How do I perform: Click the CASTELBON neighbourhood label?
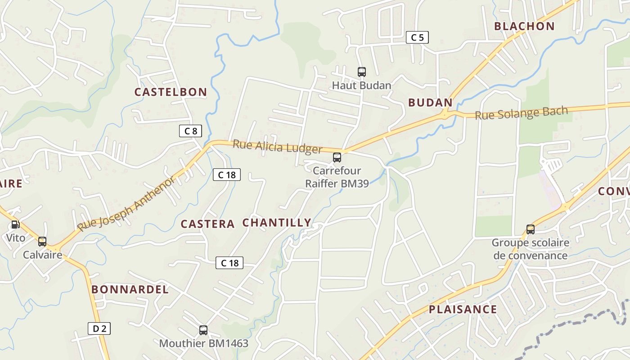(x=171, y=92)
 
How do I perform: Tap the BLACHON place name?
(x=524, y=26)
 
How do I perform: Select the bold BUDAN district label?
(x=430, y=103)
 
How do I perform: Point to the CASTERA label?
(x=207, y=224)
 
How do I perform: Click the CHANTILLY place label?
(x=277, y=223)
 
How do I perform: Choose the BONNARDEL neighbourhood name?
(x=130, y=289)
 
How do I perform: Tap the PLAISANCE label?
(x=463, y=310)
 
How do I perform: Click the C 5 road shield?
(x=417, y=37)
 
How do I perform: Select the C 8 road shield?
(x=190, y=131)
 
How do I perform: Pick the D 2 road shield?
(x=99, y=328)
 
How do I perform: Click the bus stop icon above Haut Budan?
(x=361, y=72)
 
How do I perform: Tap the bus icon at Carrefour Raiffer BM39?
(x=337, y=157)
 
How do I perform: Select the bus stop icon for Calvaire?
(x=42, y=242)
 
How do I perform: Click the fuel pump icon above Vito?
(x=15, y=225)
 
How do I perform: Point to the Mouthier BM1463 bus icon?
(x=203, y=330)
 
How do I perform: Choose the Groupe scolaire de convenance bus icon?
(x=531, y=229)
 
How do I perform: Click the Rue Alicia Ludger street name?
(x=277, y=147)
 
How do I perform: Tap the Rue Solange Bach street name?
(x=522, y=112)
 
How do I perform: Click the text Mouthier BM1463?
(x=203, y=344)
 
